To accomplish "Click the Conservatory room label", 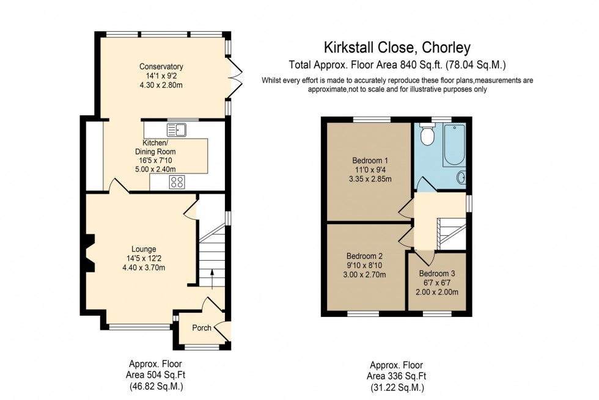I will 161,67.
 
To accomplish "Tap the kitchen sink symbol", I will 177,129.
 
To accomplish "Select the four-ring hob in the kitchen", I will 177,181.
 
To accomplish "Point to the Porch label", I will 202,328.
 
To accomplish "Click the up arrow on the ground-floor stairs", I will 211,275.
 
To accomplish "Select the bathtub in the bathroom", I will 454,145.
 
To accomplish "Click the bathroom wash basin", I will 462,177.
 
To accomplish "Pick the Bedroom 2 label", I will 364,256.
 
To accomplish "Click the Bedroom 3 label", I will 436,274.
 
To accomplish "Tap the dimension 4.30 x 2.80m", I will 161,85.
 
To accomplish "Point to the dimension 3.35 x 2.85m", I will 364,179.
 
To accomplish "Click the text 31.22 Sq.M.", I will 397,387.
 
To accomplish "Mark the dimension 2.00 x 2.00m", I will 436,293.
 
